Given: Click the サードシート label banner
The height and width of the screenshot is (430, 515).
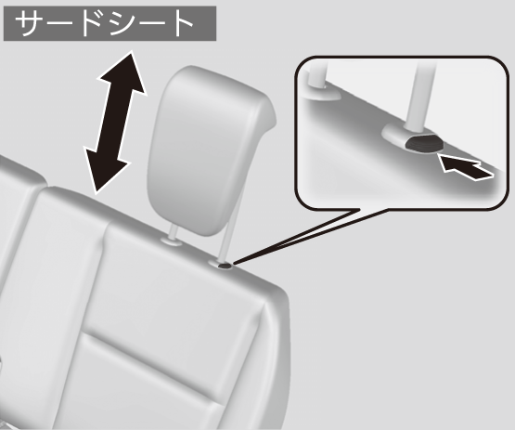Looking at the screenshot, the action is pyautogui.click(x=109, y=23).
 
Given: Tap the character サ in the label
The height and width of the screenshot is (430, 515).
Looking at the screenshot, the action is pyautogui.click(x=32, y=23).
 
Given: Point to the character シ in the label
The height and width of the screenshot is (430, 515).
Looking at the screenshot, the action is pyautogui.click(x=125, y=23).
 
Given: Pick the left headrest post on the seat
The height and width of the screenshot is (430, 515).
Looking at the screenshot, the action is pyautogui.click(x=174, y=233).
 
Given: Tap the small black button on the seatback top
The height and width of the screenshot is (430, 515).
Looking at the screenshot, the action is pyautogui.click(x=225, y=265).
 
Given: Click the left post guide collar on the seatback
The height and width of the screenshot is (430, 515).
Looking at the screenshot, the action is pyautogui.click(x=172, y=242).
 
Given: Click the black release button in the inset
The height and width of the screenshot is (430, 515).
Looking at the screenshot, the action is pyautogui.click(x=424, y=143).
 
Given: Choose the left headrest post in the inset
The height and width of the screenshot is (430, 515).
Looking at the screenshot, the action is pyautogui.click(x=317, y=74).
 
